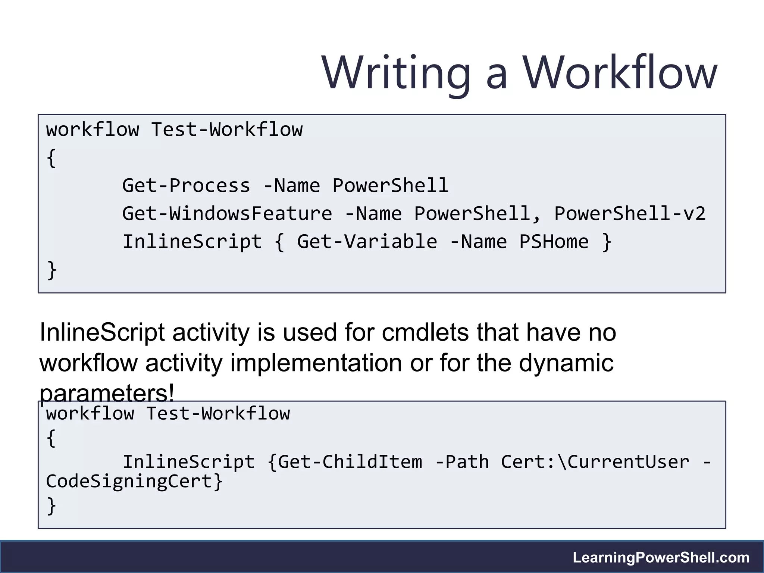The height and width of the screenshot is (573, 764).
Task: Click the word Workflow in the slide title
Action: point(619,72)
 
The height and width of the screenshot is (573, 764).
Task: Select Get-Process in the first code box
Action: point(186,186)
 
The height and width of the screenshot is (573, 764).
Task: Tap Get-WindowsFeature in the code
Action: point(227,214)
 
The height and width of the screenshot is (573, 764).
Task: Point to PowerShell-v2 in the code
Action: point(630,214)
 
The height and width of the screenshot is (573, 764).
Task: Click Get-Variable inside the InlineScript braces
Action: point(367,242)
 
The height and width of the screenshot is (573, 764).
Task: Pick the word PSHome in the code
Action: point(554,242)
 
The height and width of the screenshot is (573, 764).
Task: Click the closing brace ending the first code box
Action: point(52,270)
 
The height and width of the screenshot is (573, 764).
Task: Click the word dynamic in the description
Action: point(566,363)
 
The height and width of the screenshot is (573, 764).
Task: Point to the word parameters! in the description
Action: point(107,393)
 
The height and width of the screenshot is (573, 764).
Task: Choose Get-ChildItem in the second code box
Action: point(350,462)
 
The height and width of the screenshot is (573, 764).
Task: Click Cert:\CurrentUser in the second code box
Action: point(595,462)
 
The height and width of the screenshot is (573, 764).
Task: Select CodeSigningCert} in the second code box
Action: point(134,481)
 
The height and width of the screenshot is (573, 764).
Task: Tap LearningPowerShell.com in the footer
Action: point(661,557)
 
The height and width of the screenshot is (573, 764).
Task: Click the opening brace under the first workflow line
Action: point(51,158)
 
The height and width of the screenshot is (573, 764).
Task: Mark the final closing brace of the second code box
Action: point(51,506)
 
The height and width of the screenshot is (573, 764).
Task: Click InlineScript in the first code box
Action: point(192,242)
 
